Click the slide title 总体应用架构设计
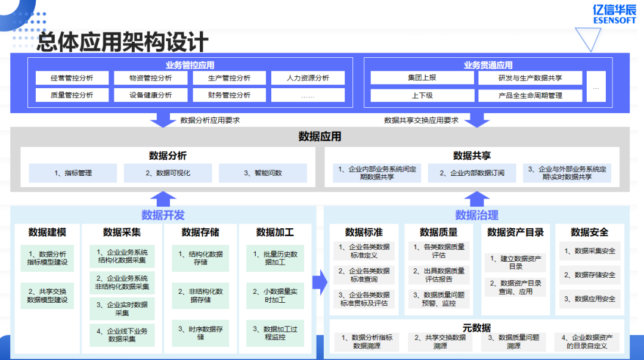point(123,42)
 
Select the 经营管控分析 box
point(72,78)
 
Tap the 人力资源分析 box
point(308,78)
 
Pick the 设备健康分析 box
point(150,95)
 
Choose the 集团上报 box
point(422,78)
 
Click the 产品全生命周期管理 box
point(530,95)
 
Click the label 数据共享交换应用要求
point(421,120)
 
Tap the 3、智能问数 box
point(263,173)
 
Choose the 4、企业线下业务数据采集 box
point(122,335)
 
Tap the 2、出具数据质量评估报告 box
point(439,275)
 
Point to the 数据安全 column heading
point(589,232)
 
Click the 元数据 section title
point(476,328)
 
